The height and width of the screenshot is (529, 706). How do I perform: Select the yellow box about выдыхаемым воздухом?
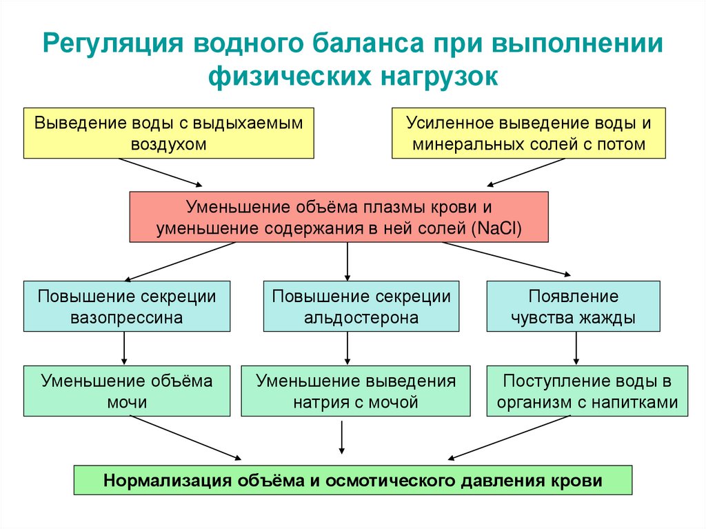coord(169,133)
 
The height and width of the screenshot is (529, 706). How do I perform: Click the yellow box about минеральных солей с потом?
coord(529,133)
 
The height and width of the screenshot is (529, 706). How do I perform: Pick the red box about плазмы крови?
coord(339,217)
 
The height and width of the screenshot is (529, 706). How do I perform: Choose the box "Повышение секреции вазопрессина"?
coord(126,307)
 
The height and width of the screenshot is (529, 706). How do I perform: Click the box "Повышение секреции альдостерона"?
coord(361,307)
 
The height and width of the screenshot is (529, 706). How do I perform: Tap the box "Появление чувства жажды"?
coord(574,307)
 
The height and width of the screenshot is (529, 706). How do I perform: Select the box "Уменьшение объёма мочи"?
coord(126,391)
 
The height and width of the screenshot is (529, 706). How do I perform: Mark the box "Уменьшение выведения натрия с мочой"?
coord(356,391)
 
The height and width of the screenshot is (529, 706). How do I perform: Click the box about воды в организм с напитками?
coord(587,391)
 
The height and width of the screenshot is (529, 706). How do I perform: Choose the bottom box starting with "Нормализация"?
coord(352,480)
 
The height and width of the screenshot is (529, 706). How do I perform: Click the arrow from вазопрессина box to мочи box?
coord(124,349)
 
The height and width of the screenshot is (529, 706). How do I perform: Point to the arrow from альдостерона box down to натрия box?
coord(347,349)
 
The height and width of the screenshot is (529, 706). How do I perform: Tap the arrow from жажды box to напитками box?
coord(576,349)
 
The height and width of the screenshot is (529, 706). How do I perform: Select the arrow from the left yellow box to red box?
coord(160,172)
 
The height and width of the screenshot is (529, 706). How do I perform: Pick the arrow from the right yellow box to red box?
coord(525,172)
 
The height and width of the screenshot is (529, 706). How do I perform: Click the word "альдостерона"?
coord(361,318)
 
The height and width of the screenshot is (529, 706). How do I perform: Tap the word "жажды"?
coord(607,318)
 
